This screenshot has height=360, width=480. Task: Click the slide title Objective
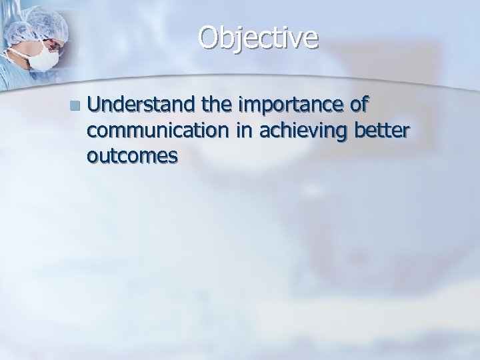tap(257, 39)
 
